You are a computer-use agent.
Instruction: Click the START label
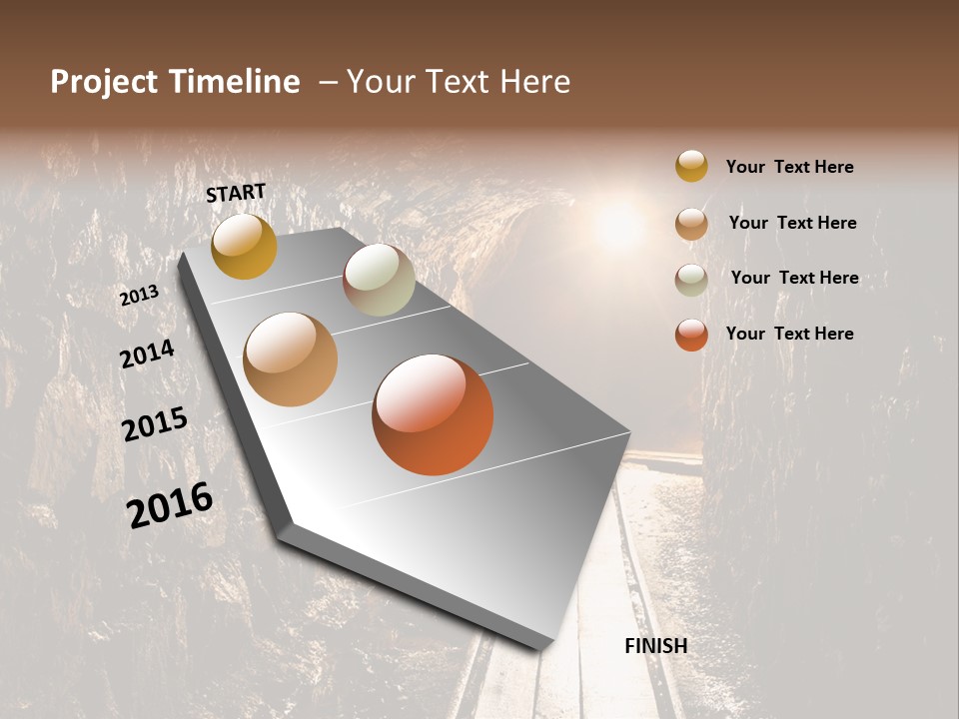(236, 193)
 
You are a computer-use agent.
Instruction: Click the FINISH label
(655, 646)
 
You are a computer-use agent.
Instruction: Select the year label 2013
(139, 296)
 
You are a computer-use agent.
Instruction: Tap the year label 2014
(147, 354)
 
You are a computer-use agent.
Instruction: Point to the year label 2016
(170, 504)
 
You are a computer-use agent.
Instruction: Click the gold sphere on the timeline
(244, 247)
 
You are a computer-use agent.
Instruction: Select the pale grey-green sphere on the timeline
(379, 280)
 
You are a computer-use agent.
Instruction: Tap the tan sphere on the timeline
(290, 359)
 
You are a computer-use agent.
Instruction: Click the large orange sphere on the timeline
(433, 414)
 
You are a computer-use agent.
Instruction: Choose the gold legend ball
(691, 166)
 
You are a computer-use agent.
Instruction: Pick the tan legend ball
(691, 224)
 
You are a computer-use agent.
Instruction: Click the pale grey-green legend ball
(691, 280)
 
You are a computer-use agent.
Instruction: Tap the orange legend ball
(691, 335)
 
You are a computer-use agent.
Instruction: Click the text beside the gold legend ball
(789, 167)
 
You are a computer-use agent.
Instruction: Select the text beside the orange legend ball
(789, 334)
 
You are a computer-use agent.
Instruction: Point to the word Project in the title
(103, 83)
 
